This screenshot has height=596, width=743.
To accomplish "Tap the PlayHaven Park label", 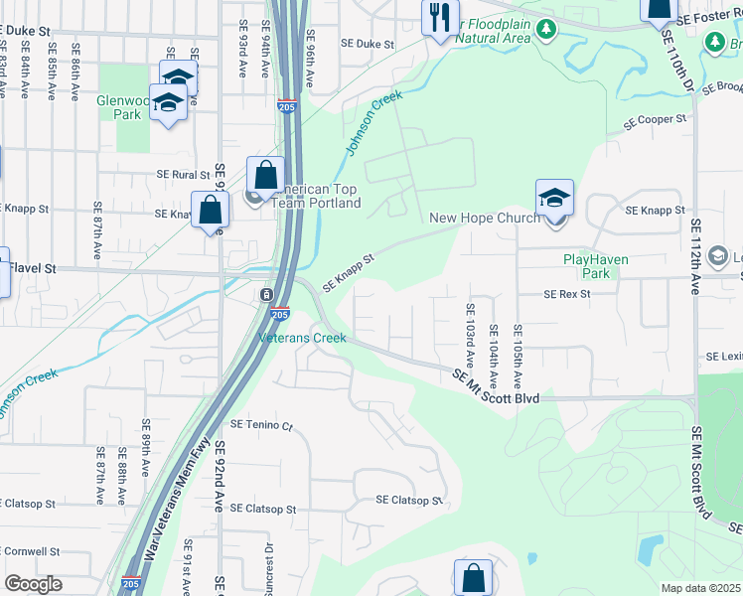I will tap(586, 265).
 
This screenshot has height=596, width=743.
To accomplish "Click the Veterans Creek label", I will tap(303, 338).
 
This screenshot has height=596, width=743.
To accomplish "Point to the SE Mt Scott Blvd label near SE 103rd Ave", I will tap(496, 385).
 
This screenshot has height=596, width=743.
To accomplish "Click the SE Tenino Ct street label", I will tap(262, 424).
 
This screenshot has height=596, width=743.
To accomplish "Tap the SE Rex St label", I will tap(567, 294).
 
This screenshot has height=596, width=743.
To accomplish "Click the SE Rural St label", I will tap(184, 174).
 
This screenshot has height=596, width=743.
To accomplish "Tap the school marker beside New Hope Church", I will tap(554, 199).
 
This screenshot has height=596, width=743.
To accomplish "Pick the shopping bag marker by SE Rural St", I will tap(265, 177).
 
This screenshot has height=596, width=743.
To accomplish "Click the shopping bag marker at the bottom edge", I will tap(473, 578).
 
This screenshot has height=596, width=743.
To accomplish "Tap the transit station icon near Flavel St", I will tap(266, 295).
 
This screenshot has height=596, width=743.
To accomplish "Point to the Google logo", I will tap(34, 584).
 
